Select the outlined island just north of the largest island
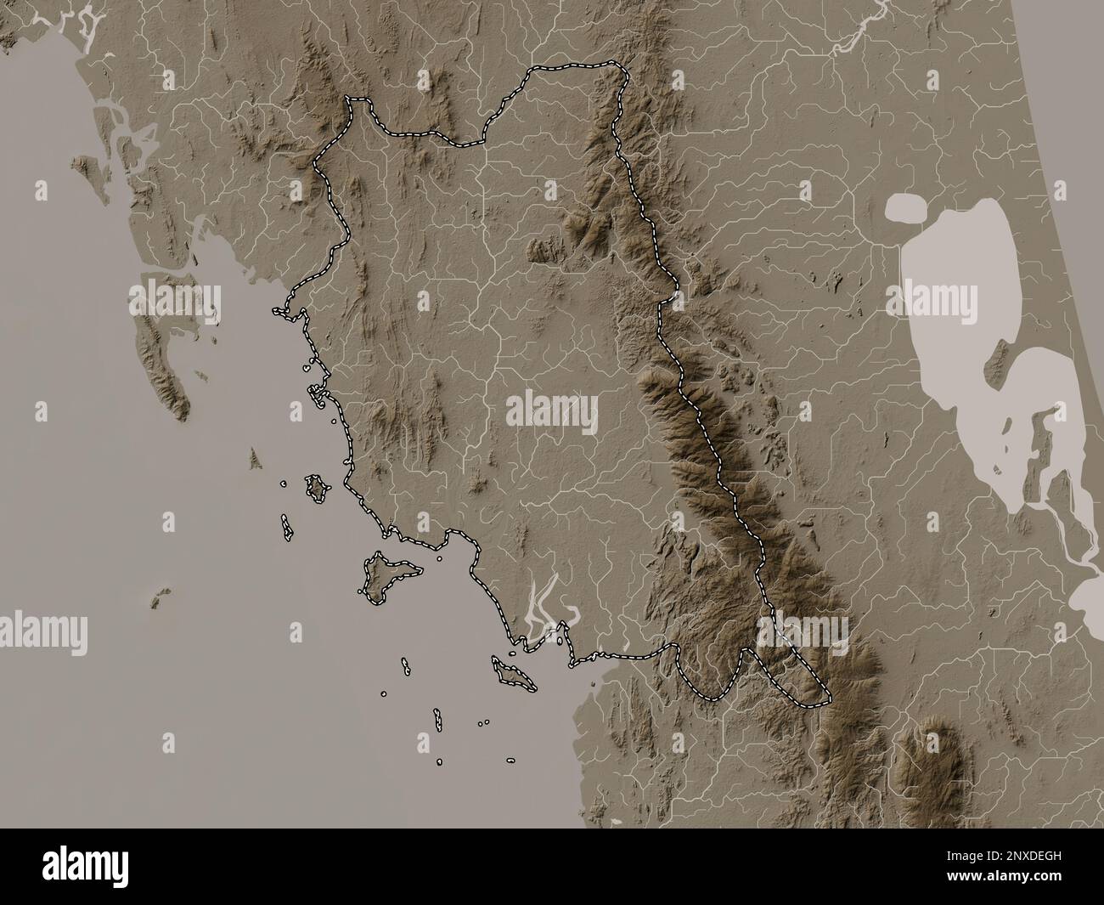pyautogui.click(x=318, y=489)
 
